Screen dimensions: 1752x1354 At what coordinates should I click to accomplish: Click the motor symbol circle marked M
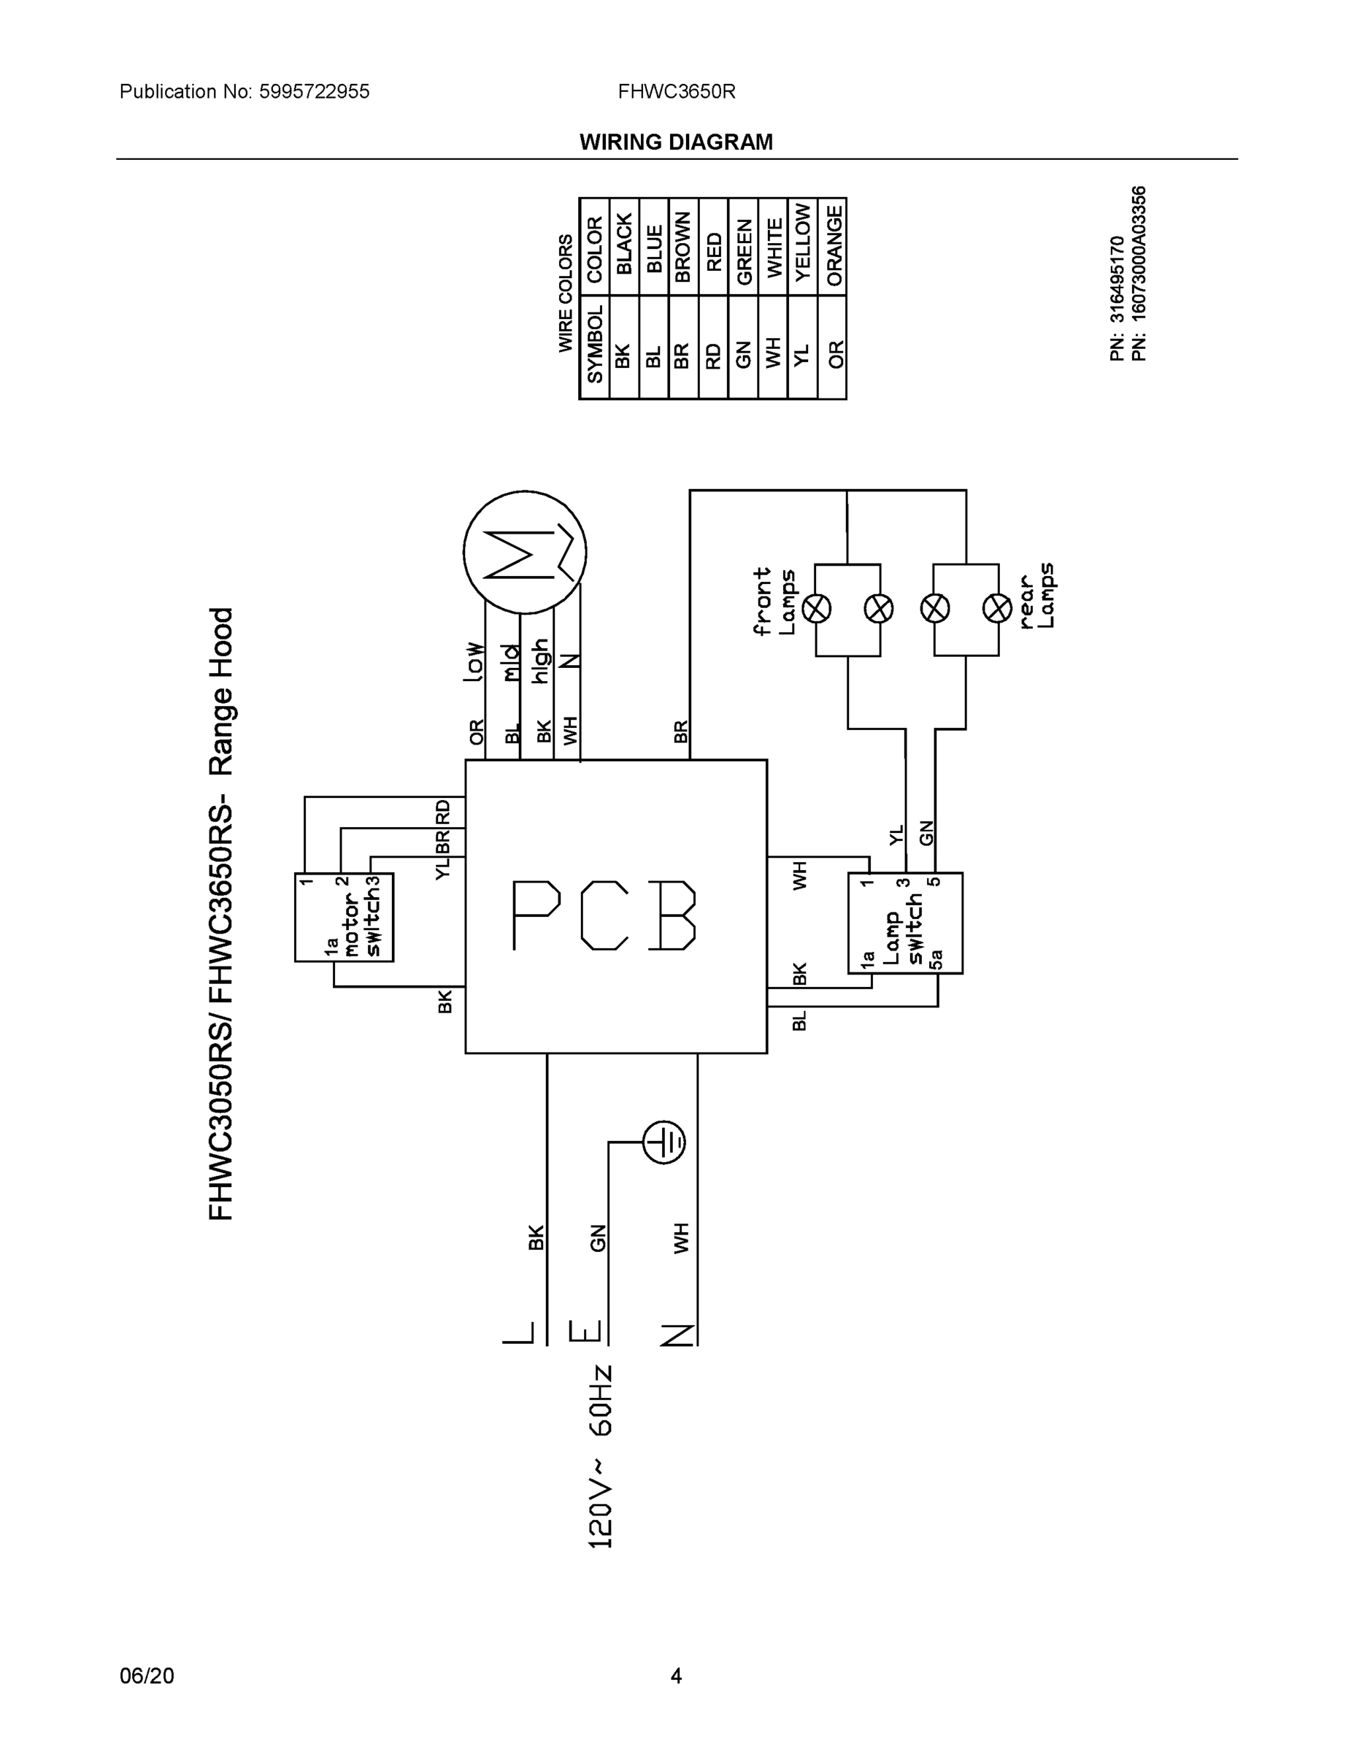click(525, 552)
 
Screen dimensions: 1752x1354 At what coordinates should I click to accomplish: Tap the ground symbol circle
click(664, 1141)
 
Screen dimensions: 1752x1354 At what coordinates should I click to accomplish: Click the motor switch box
click(343, 917)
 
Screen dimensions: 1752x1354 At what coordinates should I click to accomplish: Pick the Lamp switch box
click(905, 923)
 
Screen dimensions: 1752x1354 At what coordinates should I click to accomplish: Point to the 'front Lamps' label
click(774, 601)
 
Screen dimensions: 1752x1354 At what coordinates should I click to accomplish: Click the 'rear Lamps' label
click(1036, 594)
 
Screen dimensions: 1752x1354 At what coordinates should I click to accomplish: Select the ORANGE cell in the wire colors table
click(834, 246)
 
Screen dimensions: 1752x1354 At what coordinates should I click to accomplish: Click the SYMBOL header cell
click(594, 347)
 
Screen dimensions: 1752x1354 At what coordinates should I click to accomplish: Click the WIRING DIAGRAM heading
click(676, 142)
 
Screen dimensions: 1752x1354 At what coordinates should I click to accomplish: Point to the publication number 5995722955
click(314, 91)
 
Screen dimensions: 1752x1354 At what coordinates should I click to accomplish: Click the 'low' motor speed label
click(474, 662)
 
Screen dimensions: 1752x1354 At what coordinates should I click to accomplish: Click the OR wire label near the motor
click(477, 731)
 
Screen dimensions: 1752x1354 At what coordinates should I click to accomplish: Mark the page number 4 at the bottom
click(676, 1675)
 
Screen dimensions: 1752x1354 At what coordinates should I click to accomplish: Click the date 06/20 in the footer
click(147, 1675)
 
